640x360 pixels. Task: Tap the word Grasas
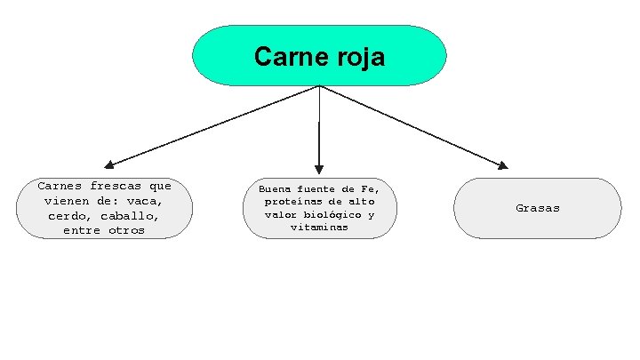tap(538, 208)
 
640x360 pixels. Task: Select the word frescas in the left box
tap(116, 187)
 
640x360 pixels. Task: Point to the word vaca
tap(144, 202)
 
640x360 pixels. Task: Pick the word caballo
tap(130, 216)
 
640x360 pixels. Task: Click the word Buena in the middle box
tap(276, 189)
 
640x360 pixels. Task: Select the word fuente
tap(317, 189)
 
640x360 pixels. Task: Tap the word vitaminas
tap(319, 228)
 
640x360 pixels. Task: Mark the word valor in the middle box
tap(281, 215)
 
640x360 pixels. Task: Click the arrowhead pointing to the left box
tap(109, 164)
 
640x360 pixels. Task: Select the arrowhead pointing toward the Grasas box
tap(502, 164)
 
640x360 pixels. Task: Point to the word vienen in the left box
tap(65, 202)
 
